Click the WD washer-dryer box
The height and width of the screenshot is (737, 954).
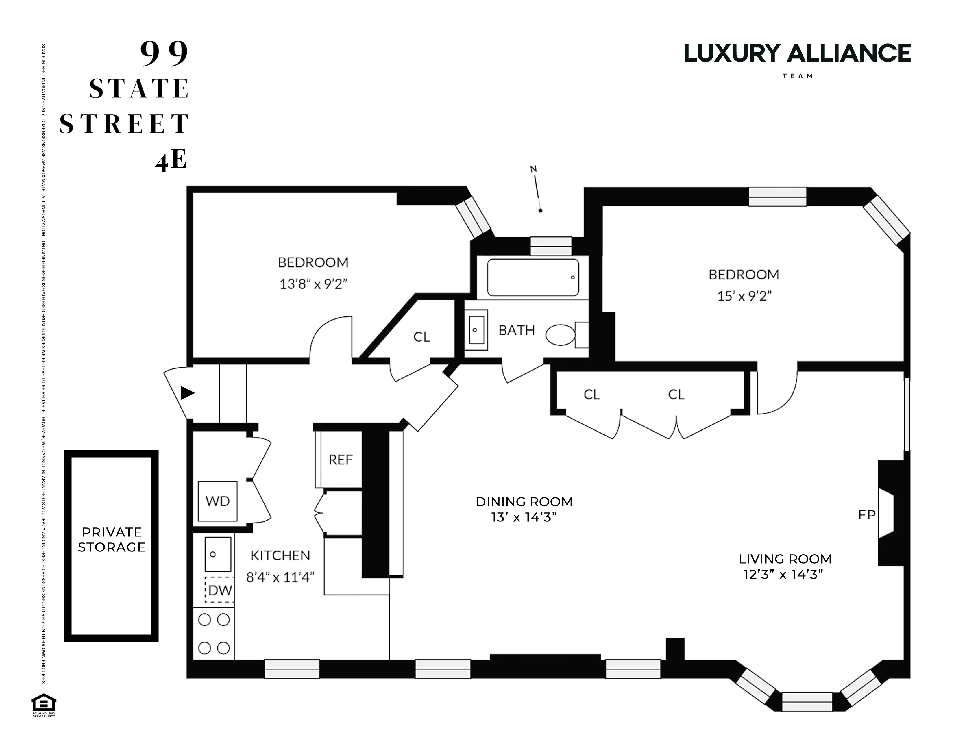pyautogui.click(x=217, y=501)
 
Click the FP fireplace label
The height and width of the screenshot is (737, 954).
pyautogui.click(x=867, y=515)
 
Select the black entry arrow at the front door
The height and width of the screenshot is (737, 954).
pyautogui.click(x=187, y=393)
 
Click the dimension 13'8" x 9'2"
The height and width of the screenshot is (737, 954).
pyautogui.click(x=313, y=284)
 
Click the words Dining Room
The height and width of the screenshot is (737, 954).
pyautogui.click(x=524, y=502)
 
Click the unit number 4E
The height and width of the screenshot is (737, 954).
pyautogui.click(x=171, y=160)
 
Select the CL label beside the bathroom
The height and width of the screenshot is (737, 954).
pyautogui.click(x=421, y=337)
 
